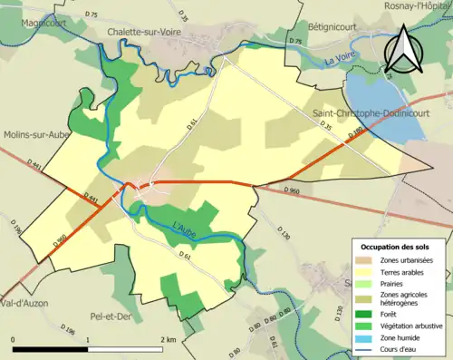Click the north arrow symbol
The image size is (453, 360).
point(405,49)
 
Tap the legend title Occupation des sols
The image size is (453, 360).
point(394,247)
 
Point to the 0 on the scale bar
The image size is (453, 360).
point(13,340)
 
